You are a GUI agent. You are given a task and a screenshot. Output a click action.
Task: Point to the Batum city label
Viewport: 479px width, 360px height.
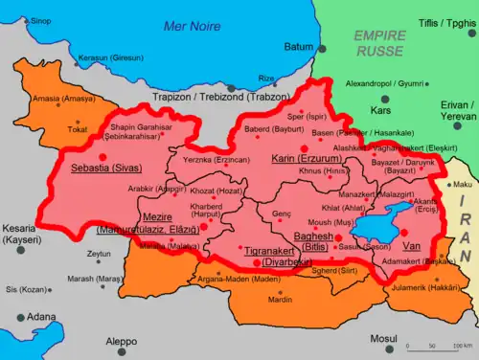[299, 46]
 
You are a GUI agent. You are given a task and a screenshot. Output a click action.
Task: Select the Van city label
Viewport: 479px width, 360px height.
[412, 245]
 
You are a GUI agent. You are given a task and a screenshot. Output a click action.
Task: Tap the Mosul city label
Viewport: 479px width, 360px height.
[382, 339]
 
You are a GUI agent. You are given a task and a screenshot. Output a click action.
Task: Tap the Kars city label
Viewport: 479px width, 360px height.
[382, 109]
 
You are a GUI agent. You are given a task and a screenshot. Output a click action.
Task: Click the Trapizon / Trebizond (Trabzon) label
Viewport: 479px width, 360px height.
[232, 97]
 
